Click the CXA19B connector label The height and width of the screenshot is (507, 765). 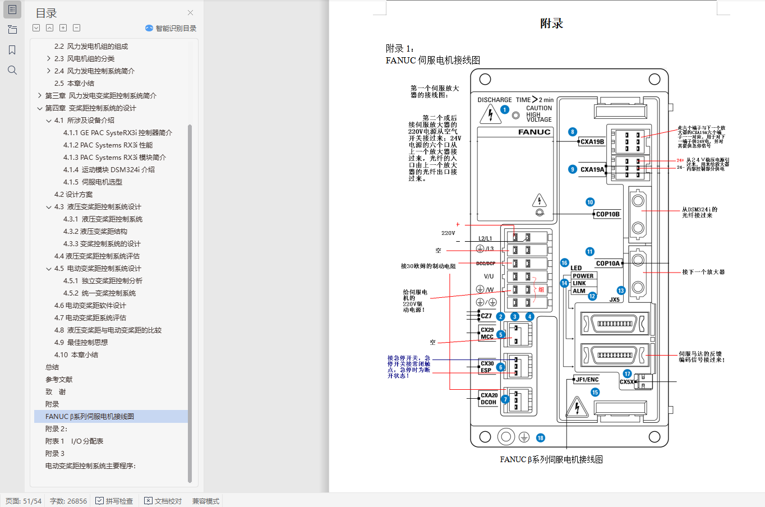(592, 142)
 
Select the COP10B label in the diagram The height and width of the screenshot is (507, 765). (607, 214)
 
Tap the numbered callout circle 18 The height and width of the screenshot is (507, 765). (540, 438)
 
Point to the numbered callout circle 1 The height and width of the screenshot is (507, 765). (505, 110)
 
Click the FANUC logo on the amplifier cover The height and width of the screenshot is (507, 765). (534, 132)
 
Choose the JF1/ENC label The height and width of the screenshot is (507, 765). (587, 380)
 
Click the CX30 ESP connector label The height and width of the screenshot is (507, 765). (487, 367)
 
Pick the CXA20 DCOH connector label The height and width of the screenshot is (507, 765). (489, 399)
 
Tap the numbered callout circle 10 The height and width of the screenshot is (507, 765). (590, 202)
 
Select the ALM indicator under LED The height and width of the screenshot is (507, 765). (579, 291)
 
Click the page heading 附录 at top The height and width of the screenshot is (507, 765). (551, 24)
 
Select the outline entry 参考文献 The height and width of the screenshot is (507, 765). (59, 380)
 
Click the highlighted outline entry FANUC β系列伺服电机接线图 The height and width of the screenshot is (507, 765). (90, 417)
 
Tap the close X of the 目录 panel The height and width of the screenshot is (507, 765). (191, 13)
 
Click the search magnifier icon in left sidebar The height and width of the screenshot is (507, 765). (12, 70)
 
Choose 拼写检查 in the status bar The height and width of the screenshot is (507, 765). (114, 501)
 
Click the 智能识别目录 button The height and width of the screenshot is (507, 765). (171, 28)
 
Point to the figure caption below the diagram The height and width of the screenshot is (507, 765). (551, 459)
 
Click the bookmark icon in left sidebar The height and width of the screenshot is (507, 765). (12, 50)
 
